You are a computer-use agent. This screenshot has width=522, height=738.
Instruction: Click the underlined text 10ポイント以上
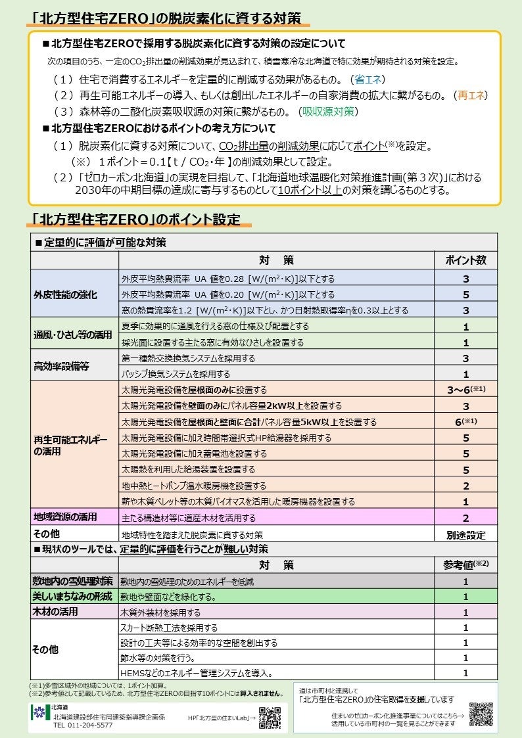[309, 191]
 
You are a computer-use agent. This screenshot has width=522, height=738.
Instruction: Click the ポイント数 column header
[465, 260]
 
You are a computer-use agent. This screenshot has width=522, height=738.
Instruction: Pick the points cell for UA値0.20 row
[465, 294]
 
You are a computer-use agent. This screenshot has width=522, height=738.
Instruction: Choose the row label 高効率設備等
[61, 367]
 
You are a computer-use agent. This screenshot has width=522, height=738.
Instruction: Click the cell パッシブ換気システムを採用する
[176, 375]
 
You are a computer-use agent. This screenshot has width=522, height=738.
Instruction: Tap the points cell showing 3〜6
[465, 390]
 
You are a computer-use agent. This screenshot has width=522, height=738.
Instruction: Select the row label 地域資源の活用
[66, 518]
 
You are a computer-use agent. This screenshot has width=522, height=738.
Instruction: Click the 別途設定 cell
[465, 534]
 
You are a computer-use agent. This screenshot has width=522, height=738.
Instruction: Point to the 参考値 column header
[465, 565]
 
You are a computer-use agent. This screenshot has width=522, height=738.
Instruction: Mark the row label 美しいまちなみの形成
[72, 597]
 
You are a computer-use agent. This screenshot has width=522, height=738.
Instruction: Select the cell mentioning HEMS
[197, 673]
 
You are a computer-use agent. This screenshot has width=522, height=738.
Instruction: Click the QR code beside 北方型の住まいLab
[270, 718]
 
